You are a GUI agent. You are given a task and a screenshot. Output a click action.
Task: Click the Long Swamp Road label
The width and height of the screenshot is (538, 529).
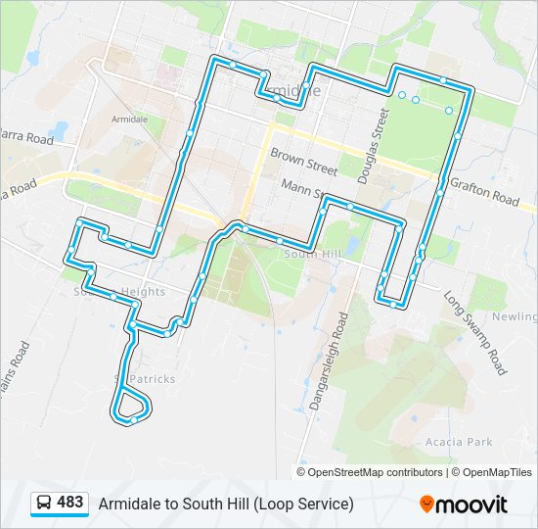474,332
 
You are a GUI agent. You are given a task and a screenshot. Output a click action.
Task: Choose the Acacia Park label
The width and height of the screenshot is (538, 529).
459,442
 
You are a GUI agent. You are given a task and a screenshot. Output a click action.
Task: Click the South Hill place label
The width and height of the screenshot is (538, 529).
310,254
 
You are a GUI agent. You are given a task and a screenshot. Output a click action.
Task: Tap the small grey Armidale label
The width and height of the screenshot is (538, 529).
129,119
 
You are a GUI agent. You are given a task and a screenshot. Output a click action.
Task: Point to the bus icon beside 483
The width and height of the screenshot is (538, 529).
45,504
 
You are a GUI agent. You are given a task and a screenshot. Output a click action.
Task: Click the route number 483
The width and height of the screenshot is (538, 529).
70,503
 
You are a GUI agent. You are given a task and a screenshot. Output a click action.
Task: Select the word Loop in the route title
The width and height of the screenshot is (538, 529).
278,504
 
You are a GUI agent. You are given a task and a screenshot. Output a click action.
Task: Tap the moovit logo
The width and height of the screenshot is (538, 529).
465,504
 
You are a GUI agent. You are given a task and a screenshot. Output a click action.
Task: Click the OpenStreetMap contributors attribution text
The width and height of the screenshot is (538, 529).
376,472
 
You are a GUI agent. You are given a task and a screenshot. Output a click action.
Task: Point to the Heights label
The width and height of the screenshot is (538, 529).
143,292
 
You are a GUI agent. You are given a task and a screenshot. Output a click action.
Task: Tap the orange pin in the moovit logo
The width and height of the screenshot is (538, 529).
427,504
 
